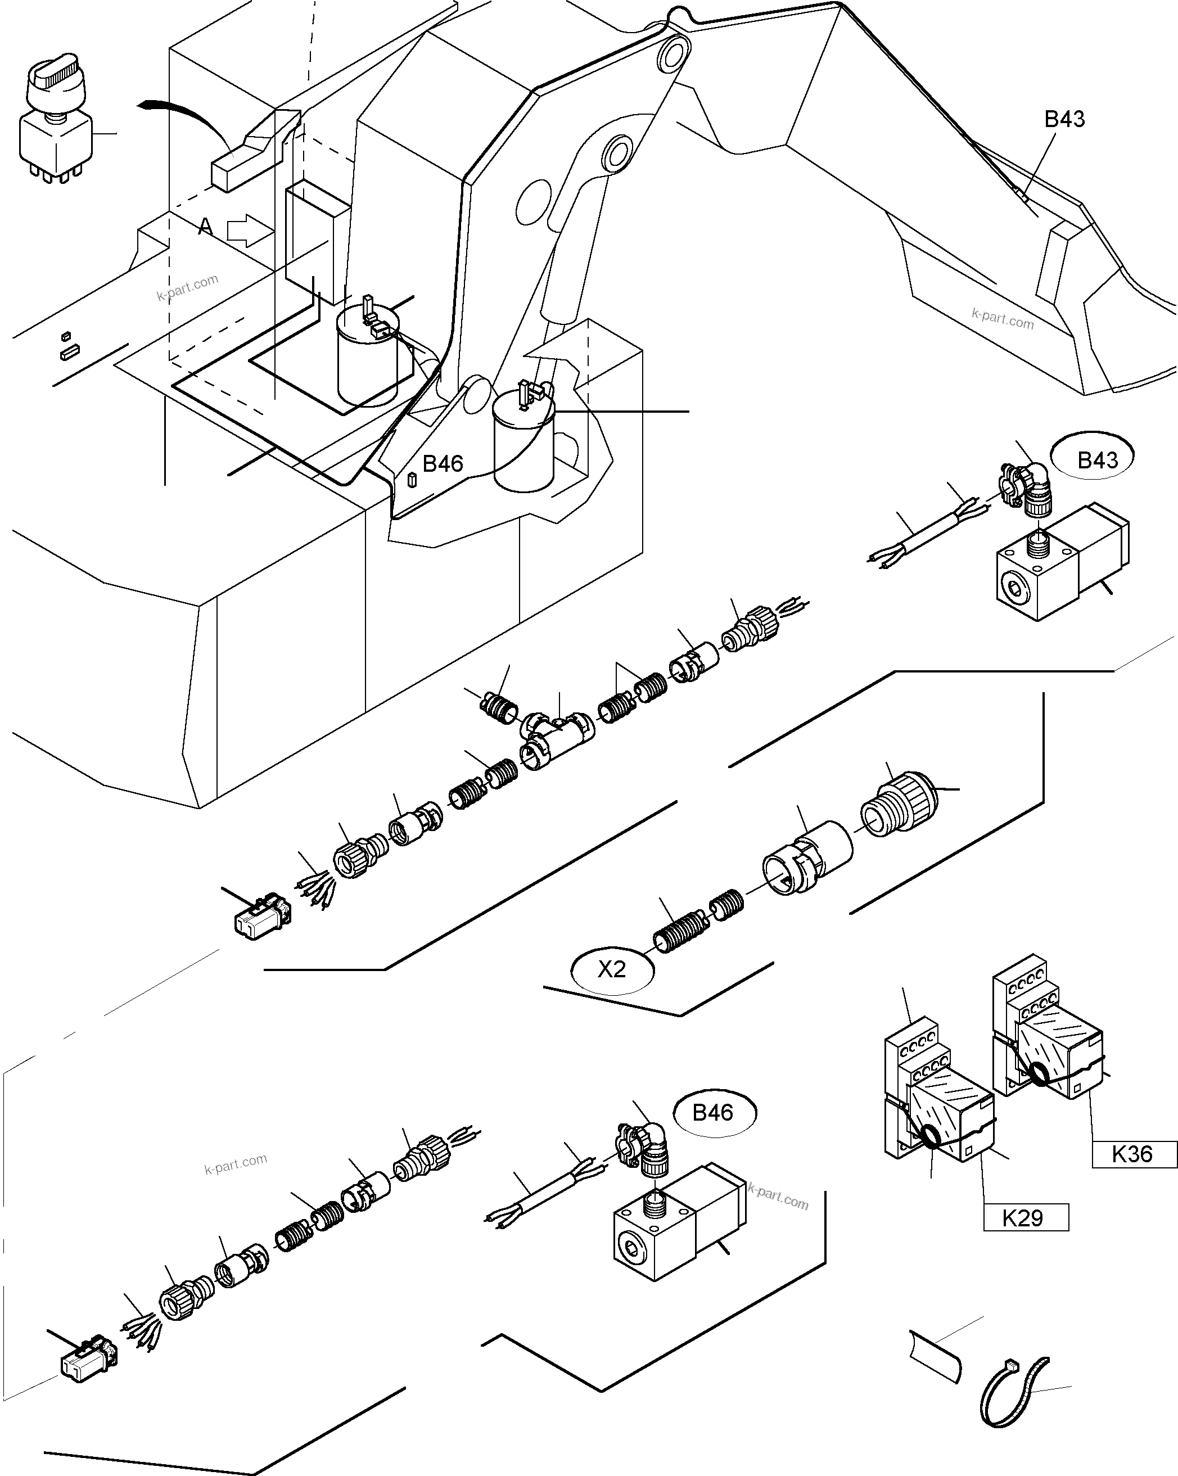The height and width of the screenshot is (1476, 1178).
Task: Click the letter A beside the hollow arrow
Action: click(205, 226)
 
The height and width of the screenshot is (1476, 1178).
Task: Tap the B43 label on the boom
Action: click(1064, 119)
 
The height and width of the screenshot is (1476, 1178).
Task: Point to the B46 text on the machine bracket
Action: click(442, 463)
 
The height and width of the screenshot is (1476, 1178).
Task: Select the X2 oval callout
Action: click(611, 969)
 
